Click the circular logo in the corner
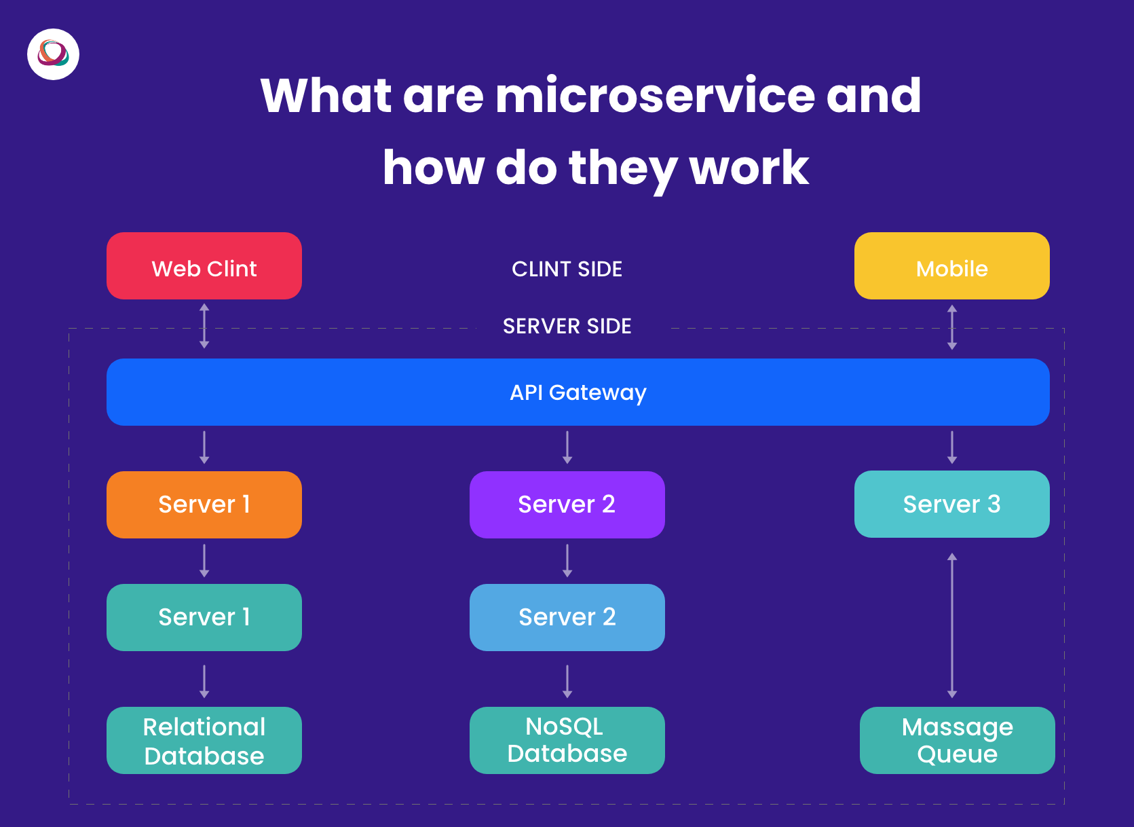pos(53,54)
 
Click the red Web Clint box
pos(204,266)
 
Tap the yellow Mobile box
pos(951,266)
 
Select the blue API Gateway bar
pos(578,392)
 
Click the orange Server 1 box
pos(204,504)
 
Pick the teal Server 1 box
pos(204,617)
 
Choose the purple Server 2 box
pos(567,504)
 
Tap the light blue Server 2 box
pos(567,617)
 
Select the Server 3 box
pos(951,504)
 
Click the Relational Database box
pos(204,740)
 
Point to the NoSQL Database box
pos(567,740)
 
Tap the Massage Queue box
pos(958,740)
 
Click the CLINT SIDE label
pos(567,269)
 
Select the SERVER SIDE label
pos(567,326)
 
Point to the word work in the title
pos(749,167)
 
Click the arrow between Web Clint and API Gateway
pos(204,326)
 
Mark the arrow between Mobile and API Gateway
pos(951,327)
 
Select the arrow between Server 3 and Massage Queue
pos(951,625)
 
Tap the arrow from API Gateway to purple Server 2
pos(567,447)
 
